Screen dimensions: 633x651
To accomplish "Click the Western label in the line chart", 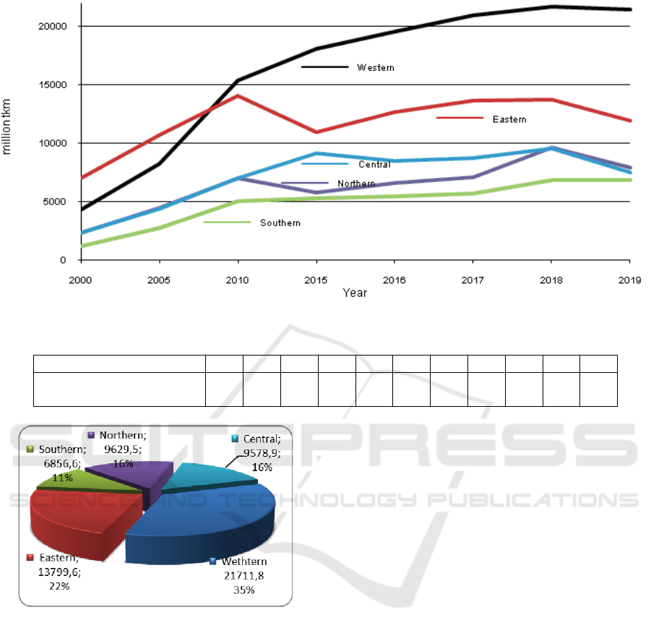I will click(376, 68).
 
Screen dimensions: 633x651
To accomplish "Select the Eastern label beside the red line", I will click(509, 119).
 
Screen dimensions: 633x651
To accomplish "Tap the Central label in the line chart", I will click(374, 165).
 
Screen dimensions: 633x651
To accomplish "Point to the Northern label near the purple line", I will click(356, 184).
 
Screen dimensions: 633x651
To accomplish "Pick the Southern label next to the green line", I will click(280, 223).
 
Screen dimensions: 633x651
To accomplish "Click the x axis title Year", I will click(355, 293).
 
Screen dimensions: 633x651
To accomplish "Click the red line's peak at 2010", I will click(238, 96).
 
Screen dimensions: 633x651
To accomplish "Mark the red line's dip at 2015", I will click(316, 132).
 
